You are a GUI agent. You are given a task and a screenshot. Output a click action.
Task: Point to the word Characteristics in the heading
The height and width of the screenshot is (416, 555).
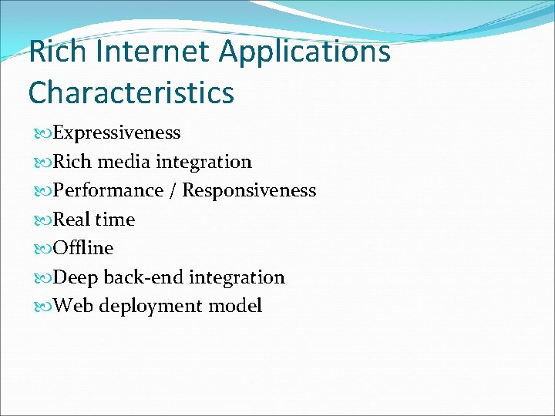(131, 92)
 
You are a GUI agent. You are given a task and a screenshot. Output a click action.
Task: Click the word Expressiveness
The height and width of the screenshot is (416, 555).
(117, 133)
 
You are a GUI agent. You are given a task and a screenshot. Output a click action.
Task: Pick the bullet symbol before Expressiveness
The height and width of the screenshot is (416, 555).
(42, 133)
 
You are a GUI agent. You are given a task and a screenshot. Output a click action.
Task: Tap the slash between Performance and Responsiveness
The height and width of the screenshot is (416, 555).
(173, 190)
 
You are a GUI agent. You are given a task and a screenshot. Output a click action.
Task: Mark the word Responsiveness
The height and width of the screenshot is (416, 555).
(249, 191)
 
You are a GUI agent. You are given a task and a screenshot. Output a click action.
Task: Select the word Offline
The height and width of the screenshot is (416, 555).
(83, 248)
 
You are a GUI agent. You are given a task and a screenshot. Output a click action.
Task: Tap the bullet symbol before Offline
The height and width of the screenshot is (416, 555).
(42, 249)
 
